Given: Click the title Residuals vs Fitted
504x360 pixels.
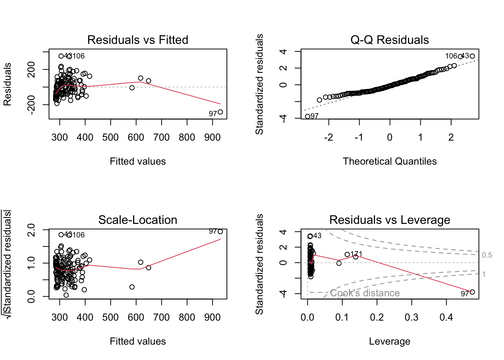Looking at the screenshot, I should pyautogui.click(x=138, y=40).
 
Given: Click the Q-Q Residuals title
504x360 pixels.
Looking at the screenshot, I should pyautogui.click(x=389, y=40).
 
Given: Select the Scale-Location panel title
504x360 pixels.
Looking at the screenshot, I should pyautogui.click(x=138, y=220).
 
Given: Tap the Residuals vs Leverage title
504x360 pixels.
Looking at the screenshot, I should pyautogui.click(x=389, y=220).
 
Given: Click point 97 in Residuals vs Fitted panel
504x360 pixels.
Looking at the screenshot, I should pyautogui.click(x=220, y=112).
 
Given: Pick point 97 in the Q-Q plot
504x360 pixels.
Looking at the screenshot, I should pyautogui.click(x=307, y=117).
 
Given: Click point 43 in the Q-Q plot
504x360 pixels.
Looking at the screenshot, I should pyautogui.click(x=472, y=56).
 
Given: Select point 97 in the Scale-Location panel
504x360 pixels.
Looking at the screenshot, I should pyautogui.click(x=220, y=232).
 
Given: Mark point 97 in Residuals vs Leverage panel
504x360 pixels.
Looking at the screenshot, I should pyautogui.click(x=472, y=292).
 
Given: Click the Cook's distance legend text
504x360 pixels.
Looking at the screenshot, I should pyautogui.click(x=364, y=293).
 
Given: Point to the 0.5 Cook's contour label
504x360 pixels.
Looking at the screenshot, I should pyautogui.click(x=487, y=255).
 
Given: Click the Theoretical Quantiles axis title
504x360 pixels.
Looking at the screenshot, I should pyautogui.click(x=389, y=161).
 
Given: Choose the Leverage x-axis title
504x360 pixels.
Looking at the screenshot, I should pyautogui.click(x=389, y=341).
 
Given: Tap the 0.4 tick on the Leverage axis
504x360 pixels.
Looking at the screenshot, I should pyautogui.click(x=446, y=318).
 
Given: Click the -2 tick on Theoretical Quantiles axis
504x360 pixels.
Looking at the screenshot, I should pyautogui.click(x=328, y=138).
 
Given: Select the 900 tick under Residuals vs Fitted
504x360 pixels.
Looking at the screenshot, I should pyautogui.click(x=212, y=138).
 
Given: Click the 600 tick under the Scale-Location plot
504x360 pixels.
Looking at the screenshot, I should pyautogui.click(x=136, y=318).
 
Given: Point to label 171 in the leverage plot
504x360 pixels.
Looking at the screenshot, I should pyautogui.click(x=356, y=254).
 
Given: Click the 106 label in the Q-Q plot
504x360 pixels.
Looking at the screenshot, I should pyautogui.click(x=451, y=56).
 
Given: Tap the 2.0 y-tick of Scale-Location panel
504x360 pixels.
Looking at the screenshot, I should pyautogui.click(x=31, y=229).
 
